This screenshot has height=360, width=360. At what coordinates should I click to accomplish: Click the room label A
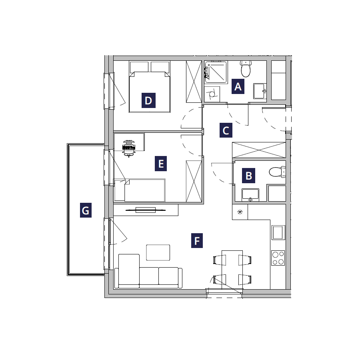(x=238, y=86)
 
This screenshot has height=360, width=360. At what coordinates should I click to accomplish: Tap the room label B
(x=249, y=176)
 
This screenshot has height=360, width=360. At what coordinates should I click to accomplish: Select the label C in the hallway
(x=226, y=130)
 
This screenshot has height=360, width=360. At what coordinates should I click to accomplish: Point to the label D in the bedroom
(x=148, y=100)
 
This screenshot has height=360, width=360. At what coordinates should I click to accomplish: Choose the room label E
(x=161, y=164)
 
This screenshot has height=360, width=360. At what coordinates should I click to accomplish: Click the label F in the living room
(x=197, y=241)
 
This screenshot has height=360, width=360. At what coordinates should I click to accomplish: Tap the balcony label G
(x=86, y=210)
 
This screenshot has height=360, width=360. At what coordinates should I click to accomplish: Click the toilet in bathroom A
(x=246, y=69)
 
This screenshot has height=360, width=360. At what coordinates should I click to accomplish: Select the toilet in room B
(x=277, y=172)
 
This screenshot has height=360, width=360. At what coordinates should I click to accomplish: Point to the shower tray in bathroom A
(x=216, y=72)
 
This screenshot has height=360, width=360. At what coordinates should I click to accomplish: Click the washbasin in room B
(x=250, y=195)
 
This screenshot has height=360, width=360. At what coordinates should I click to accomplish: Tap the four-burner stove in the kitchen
(x=278, y=258)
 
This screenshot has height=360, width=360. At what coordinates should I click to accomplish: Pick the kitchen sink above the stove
(x=278, y=232)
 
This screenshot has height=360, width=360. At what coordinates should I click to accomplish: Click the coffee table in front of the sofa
(x=158, y=252)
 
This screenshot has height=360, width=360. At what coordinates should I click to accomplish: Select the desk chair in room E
(x=128, y=148)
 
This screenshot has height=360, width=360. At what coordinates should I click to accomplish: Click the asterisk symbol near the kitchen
(x=240, y=212)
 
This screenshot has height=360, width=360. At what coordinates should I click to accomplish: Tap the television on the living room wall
(x=146, y=210)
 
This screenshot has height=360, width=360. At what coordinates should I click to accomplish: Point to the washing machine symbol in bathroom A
(x=212, y=94)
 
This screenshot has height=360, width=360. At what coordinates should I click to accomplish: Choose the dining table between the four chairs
(x=232, y=270)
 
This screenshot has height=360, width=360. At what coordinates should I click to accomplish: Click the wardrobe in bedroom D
(x=194, y=82)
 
